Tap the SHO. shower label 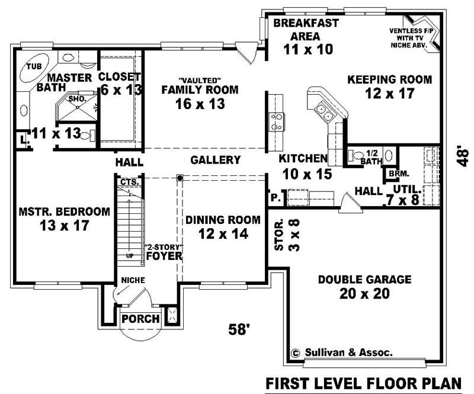(x=78, y=99)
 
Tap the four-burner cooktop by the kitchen (x=277, y=121)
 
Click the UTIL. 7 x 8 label (x=406, y=195)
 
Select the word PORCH (x=140, y=319)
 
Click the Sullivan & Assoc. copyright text (x=342, y=352)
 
